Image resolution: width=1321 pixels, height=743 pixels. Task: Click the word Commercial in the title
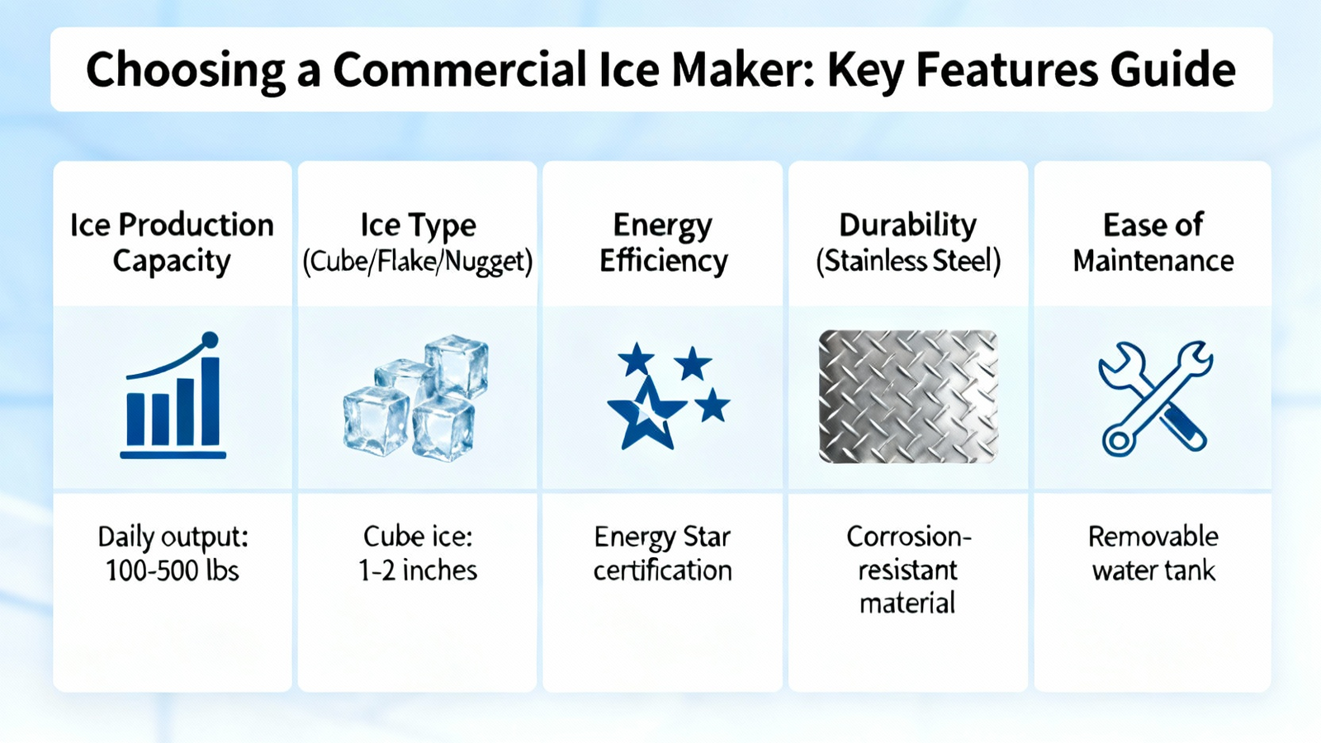459,70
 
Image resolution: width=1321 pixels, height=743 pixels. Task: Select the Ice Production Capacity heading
172,243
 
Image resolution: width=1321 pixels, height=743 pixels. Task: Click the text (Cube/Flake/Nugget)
418,261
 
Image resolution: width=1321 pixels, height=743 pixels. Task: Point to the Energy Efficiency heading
663,243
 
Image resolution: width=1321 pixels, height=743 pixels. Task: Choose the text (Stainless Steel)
908,261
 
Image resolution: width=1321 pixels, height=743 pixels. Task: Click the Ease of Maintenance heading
1153,243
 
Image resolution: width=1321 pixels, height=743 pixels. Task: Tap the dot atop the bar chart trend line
210,340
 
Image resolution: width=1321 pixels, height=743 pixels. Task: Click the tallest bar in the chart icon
211,401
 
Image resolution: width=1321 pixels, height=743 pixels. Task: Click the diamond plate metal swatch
908,396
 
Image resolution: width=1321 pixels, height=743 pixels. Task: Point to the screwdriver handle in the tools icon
1182,428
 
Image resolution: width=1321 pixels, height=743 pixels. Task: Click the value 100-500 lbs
173,570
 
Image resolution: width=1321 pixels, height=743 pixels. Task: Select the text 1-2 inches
418,570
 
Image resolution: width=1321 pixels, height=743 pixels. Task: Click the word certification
662,570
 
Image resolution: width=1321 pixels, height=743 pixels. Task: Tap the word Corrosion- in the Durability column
908,537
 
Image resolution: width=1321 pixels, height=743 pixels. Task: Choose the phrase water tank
1153,570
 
